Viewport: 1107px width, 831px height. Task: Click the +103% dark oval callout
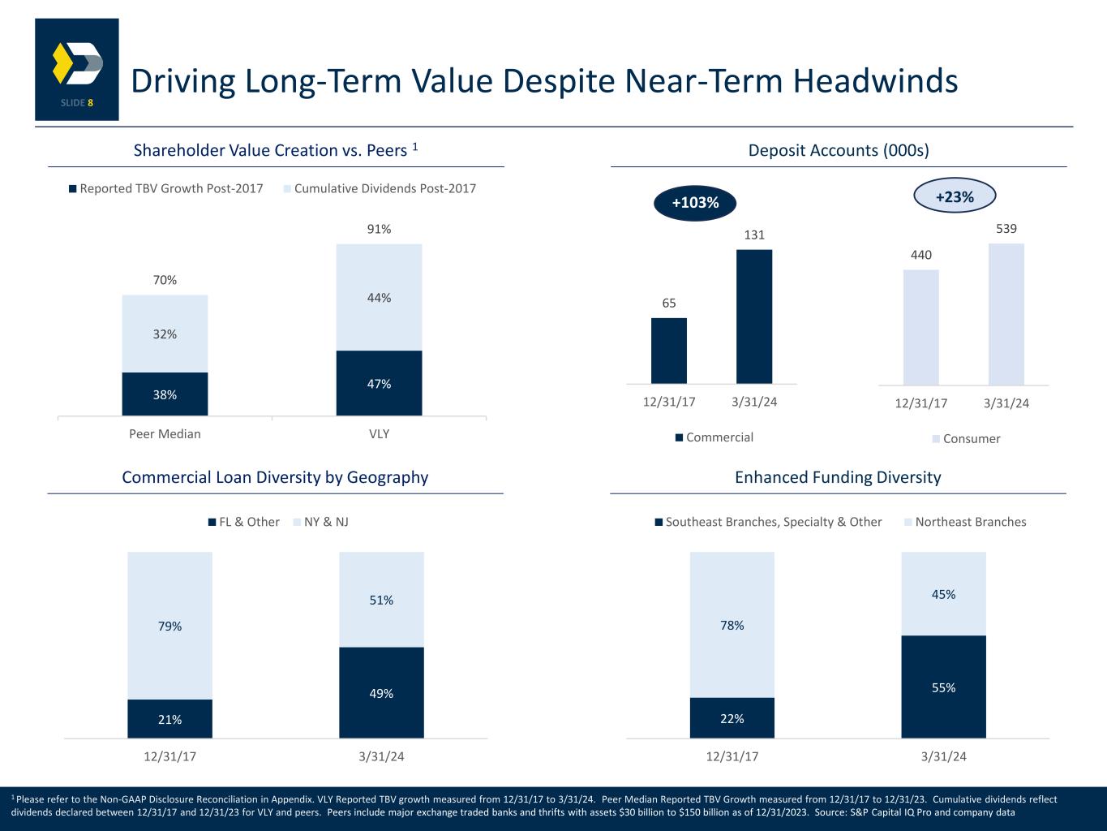[x=695, y=203]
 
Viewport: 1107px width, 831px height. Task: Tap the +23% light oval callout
[x=954, y=196]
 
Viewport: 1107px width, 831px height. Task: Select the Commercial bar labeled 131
[x=753, y=316]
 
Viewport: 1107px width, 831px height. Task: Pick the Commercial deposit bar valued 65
[x=668, y=350]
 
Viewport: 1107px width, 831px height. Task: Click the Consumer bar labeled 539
[x=1006, y=313]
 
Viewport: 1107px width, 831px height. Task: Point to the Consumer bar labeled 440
[x=920, y=326]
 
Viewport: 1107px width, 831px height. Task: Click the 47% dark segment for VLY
[x=379, y=383]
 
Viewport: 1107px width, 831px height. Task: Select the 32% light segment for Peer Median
[x=165, y=334]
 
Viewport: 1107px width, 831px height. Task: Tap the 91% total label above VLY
[x=379, y=230]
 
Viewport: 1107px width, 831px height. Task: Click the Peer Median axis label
[x=165, y=433]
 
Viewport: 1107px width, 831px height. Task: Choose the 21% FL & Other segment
[x=169, y=719]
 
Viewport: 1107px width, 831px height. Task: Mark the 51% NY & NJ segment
[x=381, y=600]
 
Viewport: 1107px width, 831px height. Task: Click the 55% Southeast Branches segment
[x=943, y=687]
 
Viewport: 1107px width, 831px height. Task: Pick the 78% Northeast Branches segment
[x=732, y=625]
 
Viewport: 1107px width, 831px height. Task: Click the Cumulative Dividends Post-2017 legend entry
[x=380, y=189]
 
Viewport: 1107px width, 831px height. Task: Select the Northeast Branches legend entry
[x=965, y=522]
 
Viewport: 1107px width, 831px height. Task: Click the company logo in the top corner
[x=77, y=69]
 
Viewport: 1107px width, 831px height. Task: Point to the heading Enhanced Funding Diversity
[x=838, y=477]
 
